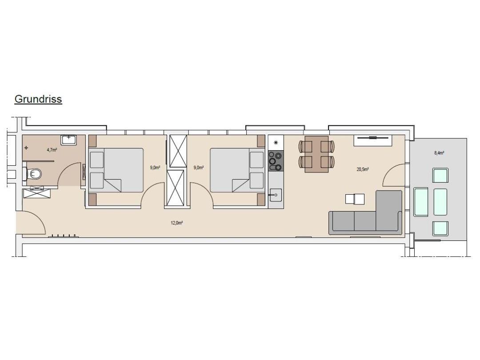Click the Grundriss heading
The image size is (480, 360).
click(x=38, y=99)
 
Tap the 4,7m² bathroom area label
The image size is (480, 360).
click(x=52, y=150)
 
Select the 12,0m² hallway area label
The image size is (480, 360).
click(x=176, y=223)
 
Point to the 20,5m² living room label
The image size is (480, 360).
click(x=363, y=169)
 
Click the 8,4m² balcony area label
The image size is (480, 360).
click(x=439, y=153)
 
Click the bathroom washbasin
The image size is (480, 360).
click(x=68, y=140)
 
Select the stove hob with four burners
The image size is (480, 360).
click(x=276, y=161)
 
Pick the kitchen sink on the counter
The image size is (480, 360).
click(x=276, y=195)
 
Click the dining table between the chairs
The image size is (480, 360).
click(x=316, y=154)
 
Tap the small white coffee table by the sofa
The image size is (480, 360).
click(x=355, y=199)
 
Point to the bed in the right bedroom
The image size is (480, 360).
click(x=237, y=170)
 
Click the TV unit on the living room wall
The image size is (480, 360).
click(x=373, y=140)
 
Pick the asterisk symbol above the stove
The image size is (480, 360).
click(x=276, y=142)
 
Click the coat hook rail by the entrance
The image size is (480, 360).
click(x=64, y=236)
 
